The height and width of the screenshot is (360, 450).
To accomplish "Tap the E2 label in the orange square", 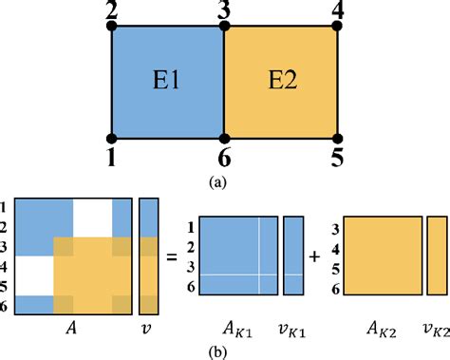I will pyautogui.click(x=281, y=82).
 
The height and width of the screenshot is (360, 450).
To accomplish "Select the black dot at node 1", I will pyautogui.click(x=111, y=138).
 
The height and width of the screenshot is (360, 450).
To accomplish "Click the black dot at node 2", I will pyautogui.click(x=111, y=27).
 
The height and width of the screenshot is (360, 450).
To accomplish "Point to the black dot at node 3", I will pyautogui.click(x=224, y=27).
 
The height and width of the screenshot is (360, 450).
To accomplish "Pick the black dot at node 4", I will pyautogui.click(x=337, y=27).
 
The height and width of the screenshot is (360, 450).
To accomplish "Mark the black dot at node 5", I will pyautogui.click(x=337, y=138).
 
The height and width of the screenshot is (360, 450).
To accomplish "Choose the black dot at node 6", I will pyautogui.click(x=224, y=138).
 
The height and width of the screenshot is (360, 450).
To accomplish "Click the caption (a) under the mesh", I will pyautogui.click(x=224, y=177).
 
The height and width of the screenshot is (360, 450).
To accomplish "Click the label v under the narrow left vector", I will pyautogui.click(x=146, y=328).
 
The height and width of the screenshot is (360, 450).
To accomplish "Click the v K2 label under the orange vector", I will pyautogui.click(x=436, y=329).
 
